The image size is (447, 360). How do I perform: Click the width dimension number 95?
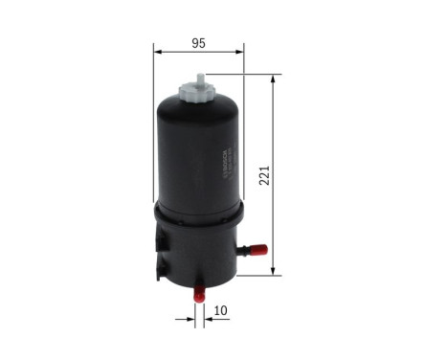pyautogui.click(x=199, y=43)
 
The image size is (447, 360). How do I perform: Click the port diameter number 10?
pyautogui.click(x=220, y=311)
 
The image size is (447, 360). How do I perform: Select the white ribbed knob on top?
pyautogui.click(x=198, y=94)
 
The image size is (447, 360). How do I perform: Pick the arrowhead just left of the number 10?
pyautogui.click(x=209, y=319)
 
